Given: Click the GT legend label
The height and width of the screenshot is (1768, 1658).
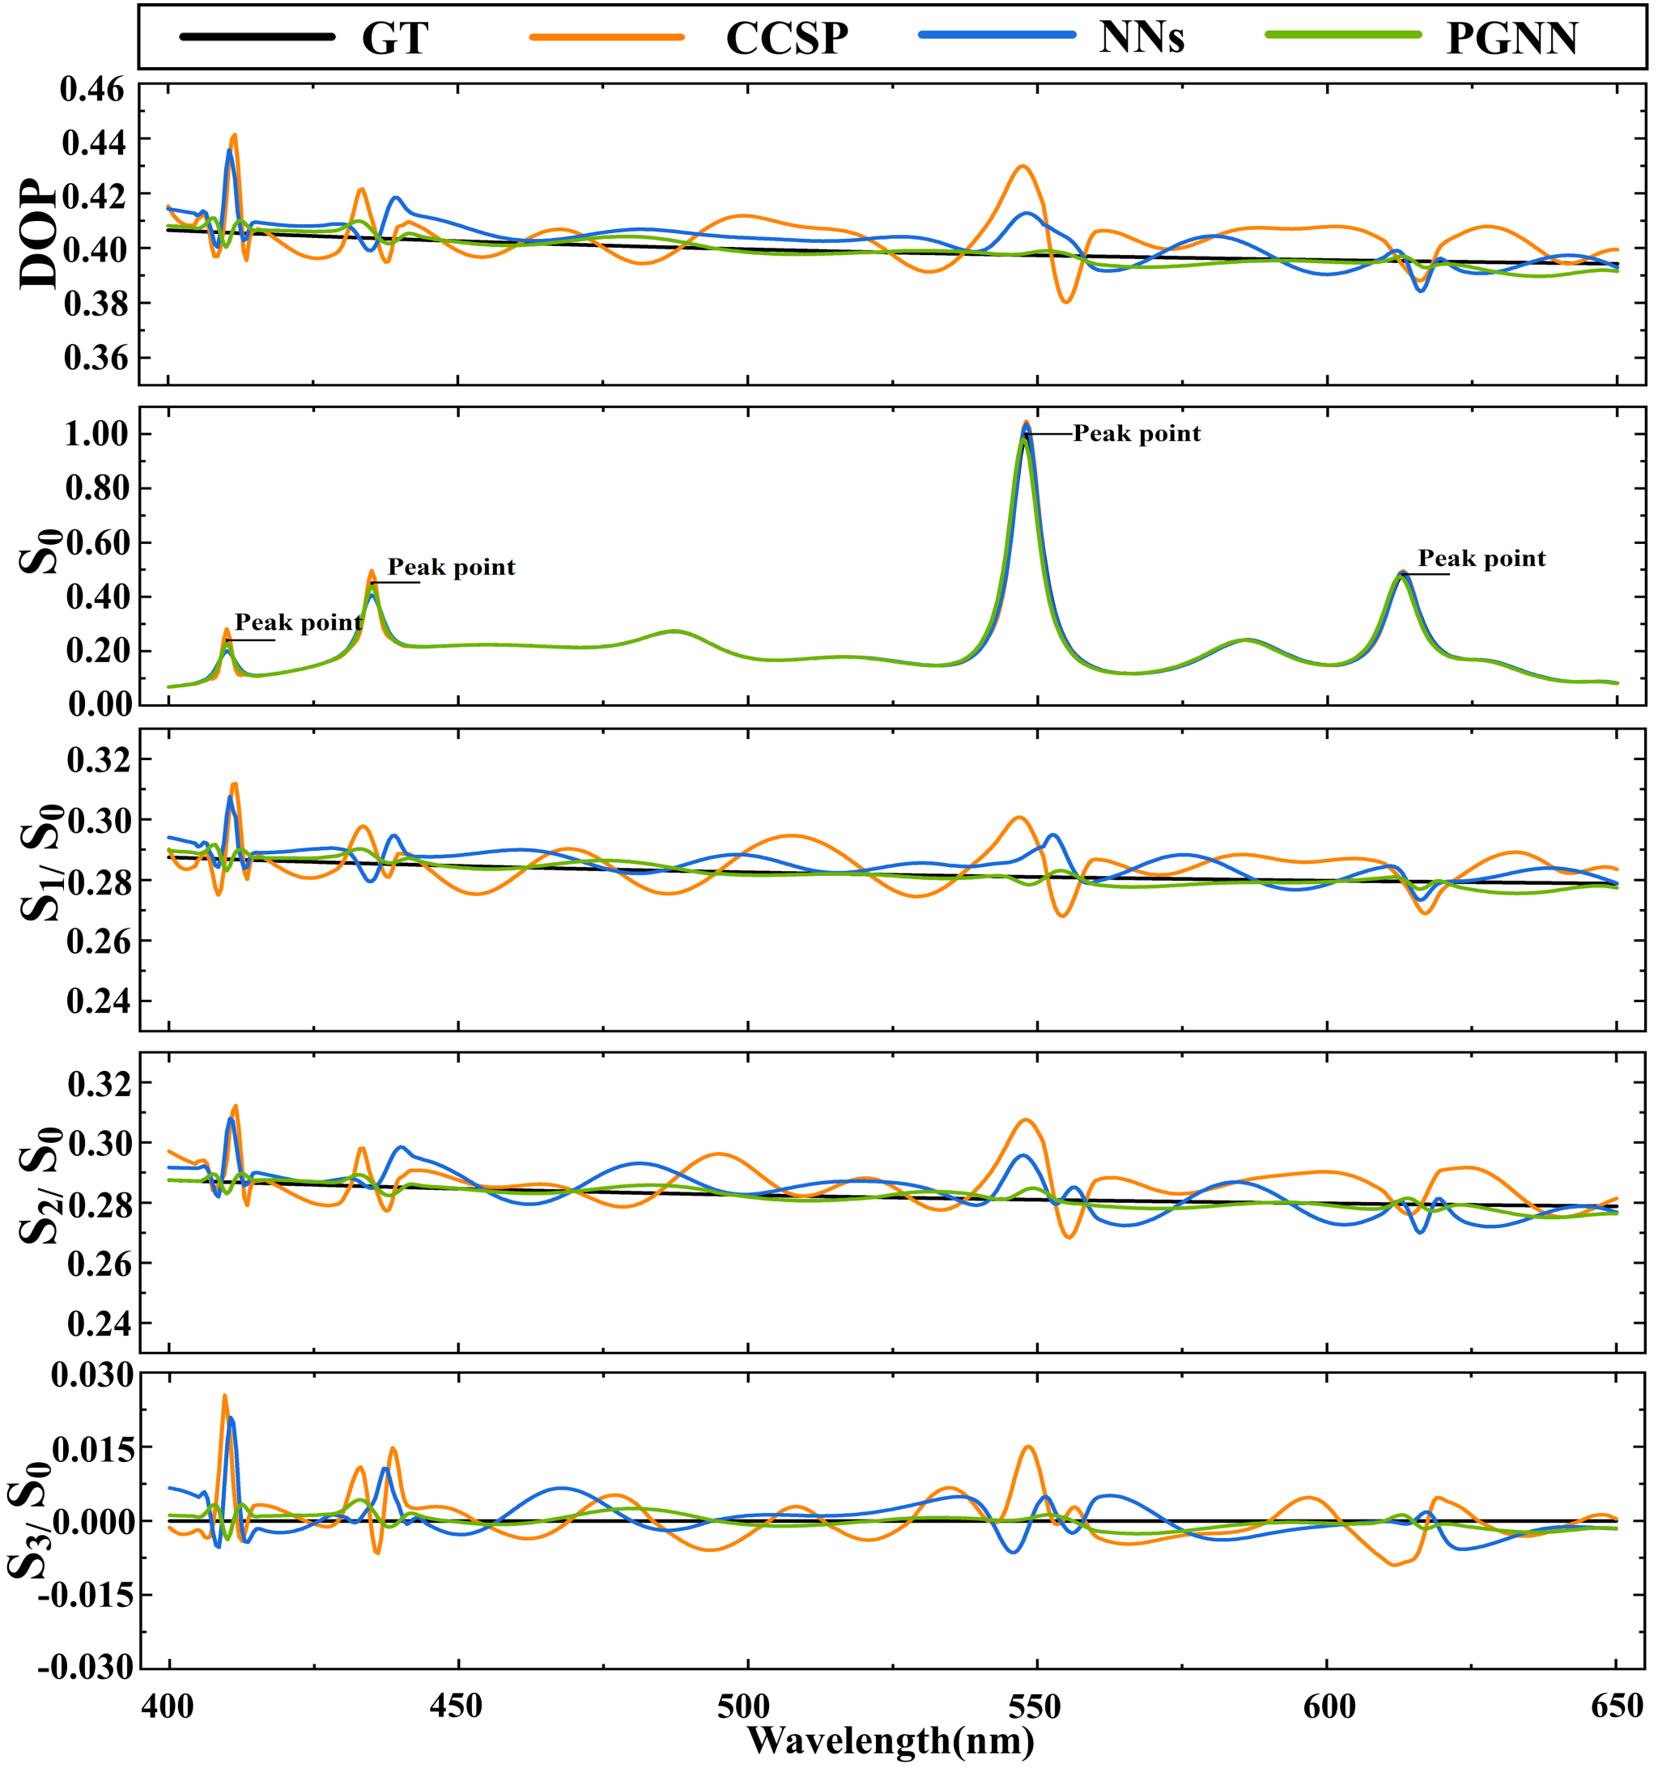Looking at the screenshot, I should tap(395, 37).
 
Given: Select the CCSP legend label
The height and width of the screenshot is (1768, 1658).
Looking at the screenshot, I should tap(786, 37).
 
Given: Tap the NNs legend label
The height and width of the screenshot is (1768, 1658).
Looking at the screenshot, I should tap(1141, 37).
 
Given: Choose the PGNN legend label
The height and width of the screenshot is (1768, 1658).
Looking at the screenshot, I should tap(1512, 37).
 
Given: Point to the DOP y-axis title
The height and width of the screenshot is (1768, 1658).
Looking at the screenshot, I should tap(37, 235).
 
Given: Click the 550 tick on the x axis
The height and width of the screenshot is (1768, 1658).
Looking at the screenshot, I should tap(1037, 1706).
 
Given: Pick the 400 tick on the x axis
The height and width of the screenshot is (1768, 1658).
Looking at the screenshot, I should tap(169, 1706).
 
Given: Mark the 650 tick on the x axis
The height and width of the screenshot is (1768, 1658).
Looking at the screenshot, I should tap(1616, 1706).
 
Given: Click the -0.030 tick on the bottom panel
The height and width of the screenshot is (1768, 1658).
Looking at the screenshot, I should tap(92, 1668).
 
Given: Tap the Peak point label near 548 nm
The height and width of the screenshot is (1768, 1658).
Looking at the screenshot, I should tap(1137, 433).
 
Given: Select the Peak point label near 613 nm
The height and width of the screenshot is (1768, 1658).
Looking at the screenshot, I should tap(1482, 559).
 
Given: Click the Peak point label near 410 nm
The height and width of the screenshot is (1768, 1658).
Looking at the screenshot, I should tap(299, 623).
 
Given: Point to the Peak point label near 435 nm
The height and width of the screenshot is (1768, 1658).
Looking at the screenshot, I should tap(452, 567).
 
